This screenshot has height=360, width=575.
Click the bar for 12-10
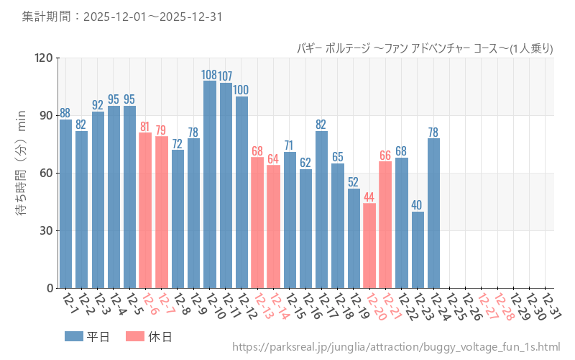coord(210,184)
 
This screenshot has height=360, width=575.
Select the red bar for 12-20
coord(369,246)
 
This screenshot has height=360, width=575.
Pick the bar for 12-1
coord(65,204)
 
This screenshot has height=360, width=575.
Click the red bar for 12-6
coord(145,210)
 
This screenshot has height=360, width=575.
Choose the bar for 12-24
coord(433,213)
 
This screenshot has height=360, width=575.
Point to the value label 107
coord(225,76)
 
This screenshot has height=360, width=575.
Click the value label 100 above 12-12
coord(241,90)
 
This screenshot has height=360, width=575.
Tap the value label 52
coord(354,182)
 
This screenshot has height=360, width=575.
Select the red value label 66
coord(385,155)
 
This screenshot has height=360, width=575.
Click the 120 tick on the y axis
coord(44,58)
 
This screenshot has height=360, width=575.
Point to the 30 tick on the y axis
coord(47,231)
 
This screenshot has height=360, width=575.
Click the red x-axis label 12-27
coord(487,306)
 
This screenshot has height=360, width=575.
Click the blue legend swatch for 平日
coord(73,336)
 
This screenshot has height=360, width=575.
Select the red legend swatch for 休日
coord(134,336)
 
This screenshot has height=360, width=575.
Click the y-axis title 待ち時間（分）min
coord(21,173)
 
